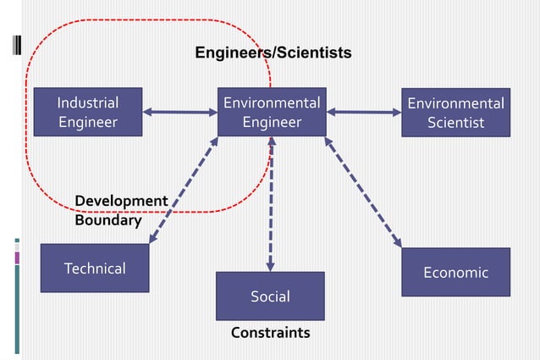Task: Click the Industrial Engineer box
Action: (87, 112)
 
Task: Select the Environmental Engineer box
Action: (271, 112)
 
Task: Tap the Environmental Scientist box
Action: (455, 113)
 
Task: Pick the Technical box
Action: (95, 268)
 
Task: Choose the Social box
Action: (270, 296)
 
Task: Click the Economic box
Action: (455, 272)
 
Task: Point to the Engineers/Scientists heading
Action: (273, 53)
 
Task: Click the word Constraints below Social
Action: (270, 333)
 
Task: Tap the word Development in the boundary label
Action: (121, 201)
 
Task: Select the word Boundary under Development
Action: (107, 220)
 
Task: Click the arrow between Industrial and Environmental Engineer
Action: (180, 111)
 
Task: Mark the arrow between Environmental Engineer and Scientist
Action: (364, 111)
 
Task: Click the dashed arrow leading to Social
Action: (270, 203)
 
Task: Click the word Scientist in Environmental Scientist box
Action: (455, 123)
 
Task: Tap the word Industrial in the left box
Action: (87, 102)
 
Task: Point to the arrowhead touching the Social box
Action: (270, 266)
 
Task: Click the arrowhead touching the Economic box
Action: (398, 243)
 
